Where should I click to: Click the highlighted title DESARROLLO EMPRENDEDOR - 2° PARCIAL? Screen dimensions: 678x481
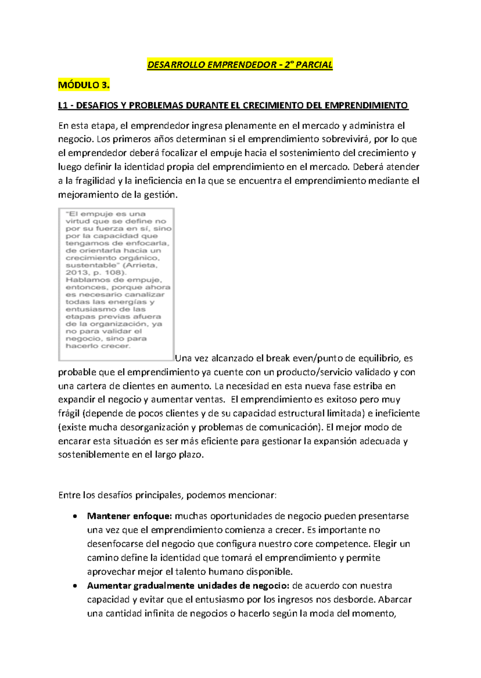(x=240, y=65)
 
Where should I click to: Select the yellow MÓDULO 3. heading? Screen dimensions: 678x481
(x=84, y=85)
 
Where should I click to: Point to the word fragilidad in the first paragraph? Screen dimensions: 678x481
(x=95, y=181)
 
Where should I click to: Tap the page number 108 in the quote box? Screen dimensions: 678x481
(x=115, y=273)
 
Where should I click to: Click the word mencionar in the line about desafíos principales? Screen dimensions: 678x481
(x=252, y=495)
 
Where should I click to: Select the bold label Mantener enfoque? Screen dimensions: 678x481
(x=129, y=516)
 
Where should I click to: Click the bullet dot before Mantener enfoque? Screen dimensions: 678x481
(x=75, y=517)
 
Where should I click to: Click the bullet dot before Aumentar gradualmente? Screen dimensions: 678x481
(x=75, y=586)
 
